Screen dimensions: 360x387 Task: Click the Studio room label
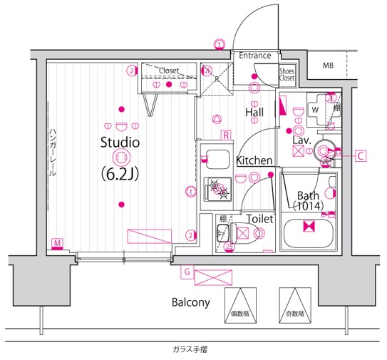(119, 142)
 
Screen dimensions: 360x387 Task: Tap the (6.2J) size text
(120, 173)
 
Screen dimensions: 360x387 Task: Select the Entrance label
(254, 56)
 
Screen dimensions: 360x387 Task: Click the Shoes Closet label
(287, 74)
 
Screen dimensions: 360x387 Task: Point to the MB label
(328, 66)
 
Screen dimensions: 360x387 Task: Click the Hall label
(254, 112)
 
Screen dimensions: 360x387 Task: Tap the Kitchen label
(254, 160)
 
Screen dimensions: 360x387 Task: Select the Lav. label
(300, 140)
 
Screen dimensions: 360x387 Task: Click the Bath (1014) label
(308, 200)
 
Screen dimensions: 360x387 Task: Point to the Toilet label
(260, 220)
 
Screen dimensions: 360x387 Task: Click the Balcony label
(190, 302)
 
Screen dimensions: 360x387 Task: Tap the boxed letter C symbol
(361, 155)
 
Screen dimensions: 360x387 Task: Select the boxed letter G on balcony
(186, 271)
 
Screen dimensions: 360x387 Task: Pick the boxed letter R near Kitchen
(225, 135)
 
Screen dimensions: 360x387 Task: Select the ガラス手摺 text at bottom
(190, 349)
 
